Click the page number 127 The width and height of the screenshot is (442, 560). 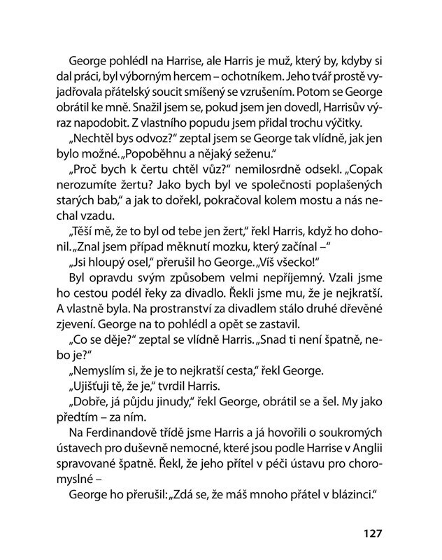(x=372, y=533)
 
